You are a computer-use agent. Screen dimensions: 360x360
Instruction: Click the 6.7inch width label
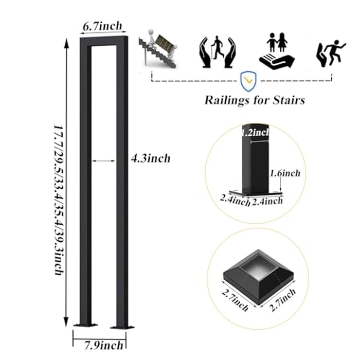pos(102,26)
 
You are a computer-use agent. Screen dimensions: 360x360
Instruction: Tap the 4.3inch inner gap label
pos(151,158)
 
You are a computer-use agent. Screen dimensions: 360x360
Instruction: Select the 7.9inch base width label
pos(104,345)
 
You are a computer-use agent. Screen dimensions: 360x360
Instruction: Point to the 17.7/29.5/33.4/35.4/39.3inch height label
pos(59,200)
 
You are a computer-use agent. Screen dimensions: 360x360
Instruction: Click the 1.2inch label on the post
pos(255,133)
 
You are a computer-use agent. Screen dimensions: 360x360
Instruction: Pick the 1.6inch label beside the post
pos(285,173)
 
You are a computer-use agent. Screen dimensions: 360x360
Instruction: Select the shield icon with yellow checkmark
pos(248,81)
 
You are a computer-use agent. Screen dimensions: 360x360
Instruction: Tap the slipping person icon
pos(331,53)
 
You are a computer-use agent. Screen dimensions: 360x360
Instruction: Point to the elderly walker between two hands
pos(218,52)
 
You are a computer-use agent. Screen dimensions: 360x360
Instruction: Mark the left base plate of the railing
pos(85,325)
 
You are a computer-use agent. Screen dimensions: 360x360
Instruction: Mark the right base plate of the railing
pos(122,327)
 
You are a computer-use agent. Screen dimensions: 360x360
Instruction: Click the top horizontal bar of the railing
pos(104,41)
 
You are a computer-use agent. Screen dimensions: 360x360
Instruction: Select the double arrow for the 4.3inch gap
pos(103,161)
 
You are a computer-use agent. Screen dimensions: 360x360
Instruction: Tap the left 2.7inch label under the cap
pos(235,300)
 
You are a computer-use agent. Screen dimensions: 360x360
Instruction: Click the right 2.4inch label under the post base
pos(267,201)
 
